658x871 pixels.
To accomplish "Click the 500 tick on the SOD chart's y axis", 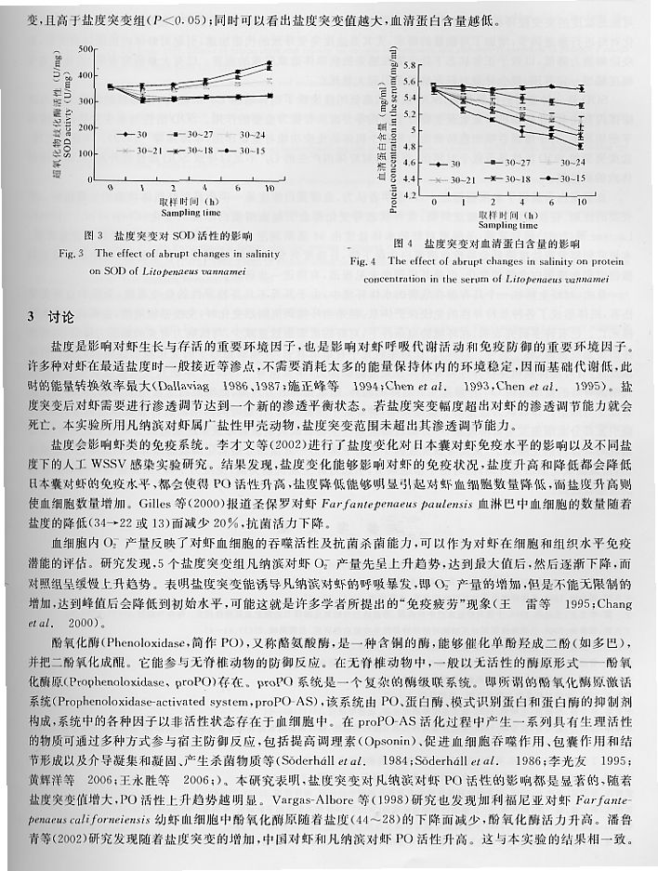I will (88, 48).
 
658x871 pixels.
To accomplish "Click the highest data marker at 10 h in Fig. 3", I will (269, 63).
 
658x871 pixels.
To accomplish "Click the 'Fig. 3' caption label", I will (72, 252).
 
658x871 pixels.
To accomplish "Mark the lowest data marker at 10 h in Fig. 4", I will (582, 146).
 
